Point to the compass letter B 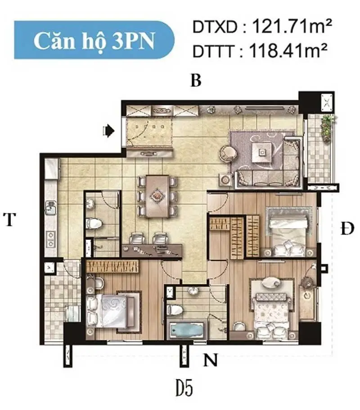click(195, 81)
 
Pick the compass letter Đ click(347, 229)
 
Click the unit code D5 click(184, 388)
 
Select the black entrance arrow click(109, 131)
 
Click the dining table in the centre click(157, 195)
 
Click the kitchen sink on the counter click(50, 208)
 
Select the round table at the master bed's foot click(271, 282)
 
